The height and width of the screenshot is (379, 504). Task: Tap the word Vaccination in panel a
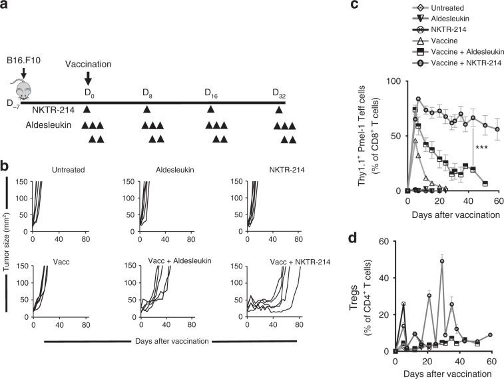click(89, 65)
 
